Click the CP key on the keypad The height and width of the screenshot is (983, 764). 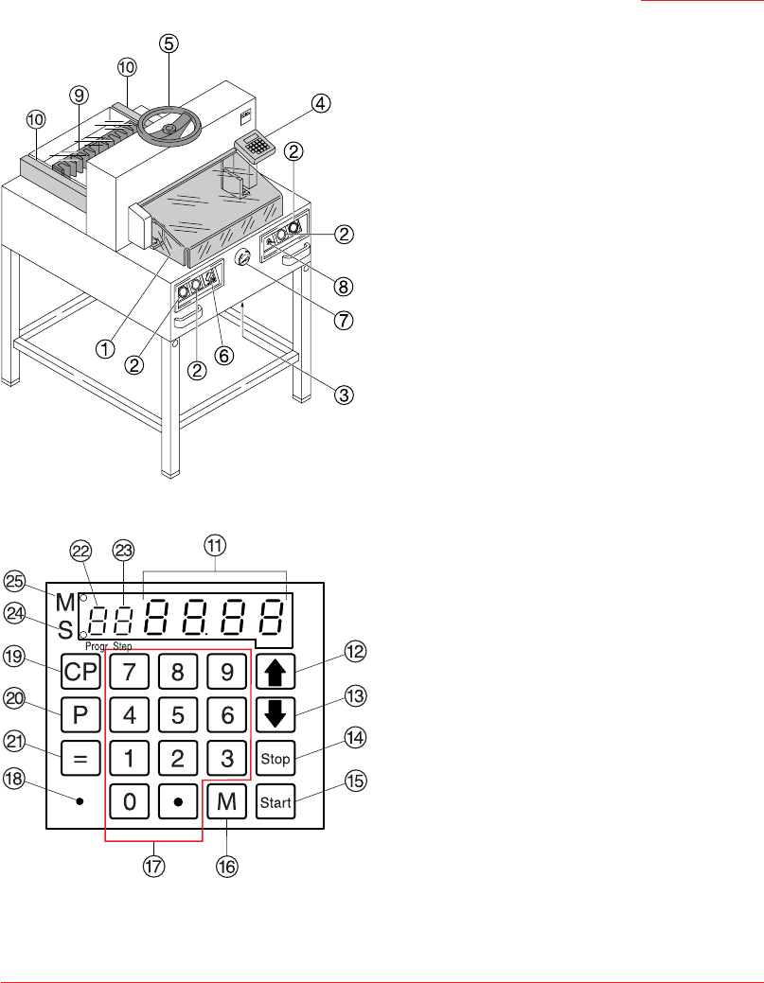[x=80, y=672]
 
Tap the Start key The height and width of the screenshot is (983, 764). [x=275, y=802]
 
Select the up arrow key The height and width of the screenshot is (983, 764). [x=275, y=672]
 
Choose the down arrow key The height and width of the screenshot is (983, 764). [x=275, y=714]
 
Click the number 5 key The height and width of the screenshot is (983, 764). [x=178, y=714]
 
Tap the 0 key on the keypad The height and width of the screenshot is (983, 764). [x=129, y=802]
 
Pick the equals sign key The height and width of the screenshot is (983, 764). [x=80, y=758]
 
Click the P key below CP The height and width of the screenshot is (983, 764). [x=80, y=714]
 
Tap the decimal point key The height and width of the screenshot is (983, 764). [x=178, y=802]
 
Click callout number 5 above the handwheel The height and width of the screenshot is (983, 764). [x=169, y=44]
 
